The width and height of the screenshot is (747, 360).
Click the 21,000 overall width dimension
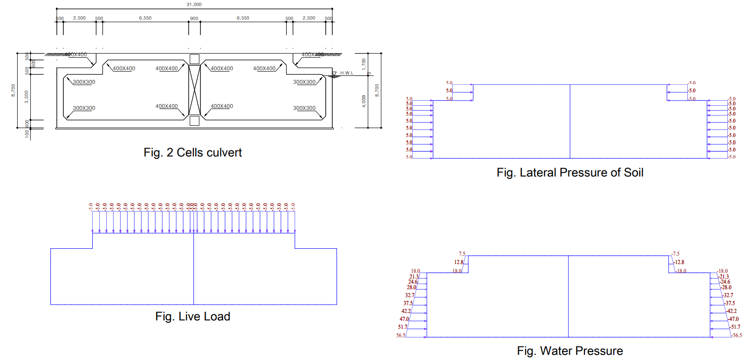pyautogui.click(x=194, y=4)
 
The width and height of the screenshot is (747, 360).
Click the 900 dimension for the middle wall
pyautogui.click(x=194, y=19)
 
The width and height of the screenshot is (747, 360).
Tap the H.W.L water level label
pyautogui.click(x=347, y=73)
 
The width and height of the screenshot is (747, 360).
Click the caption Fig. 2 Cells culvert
pyautogui.click(x=192, y=152)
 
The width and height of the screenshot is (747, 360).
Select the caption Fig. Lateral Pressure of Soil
pyautogui.click(x=569, y=172)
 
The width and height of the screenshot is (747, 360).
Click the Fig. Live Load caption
pyautogui.click(x=192, y=316)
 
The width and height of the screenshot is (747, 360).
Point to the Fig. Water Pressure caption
pyautogui.click(x=569, y=351)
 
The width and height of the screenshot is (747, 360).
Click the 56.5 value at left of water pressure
pyautogui.click(x=401, y=335)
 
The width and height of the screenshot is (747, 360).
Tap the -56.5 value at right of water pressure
pyautogui.click(x=737, y=335)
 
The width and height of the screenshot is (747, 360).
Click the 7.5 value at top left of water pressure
pyautogui.click(x=462, y=254)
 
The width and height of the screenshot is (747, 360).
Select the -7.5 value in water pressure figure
pyautogui.click(x=675, y=254)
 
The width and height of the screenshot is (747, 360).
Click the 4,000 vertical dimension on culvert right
pyautogui.click(x=364, y=101)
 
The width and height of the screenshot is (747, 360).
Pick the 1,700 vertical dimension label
pyautogui.click(x=364, y=64)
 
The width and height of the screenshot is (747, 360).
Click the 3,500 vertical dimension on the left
pyautogui.click(x=27, y=97)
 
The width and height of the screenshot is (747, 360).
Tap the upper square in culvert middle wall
pyautogui.click(x=194, y=59)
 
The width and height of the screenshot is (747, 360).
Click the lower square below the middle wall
pyautogui.click(x=194, y=121)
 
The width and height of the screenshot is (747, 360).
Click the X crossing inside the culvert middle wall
pyautogui.click(x=194, y=90)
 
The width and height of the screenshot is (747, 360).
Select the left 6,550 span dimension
pyautogui.click(x=145, y=18)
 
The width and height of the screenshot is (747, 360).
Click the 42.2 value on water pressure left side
pyautogui.click(x=406, y=311)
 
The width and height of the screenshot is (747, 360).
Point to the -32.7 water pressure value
pyautogui.click(x=728, y=295)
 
